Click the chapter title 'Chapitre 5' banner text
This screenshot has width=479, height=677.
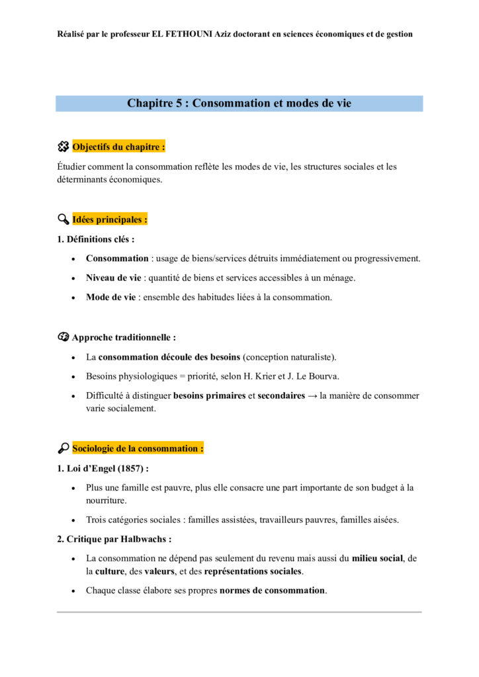coord(239,103)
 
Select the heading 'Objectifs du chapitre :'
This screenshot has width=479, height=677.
coord(118,147)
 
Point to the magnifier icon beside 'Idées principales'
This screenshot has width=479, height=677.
coord(64,219)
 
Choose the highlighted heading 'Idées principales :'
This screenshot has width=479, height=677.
coord(110,219)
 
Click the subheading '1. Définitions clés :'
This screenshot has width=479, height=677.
coord(96,239)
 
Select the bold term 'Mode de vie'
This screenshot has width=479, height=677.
coord(110,297)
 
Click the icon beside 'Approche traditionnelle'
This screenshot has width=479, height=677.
coord(64,337)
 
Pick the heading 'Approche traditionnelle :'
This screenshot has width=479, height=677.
coord(124,337)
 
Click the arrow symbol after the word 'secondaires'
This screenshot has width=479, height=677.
coord(310,396)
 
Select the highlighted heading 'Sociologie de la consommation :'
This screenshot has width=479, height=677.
coord(138,448)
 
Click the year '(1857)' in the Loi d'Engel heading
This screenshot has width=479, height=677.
coord(132,468)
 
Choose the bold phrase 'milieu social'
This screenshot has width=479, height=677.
coord(377,559)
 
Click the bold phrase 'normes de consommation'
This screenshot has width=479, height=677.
coord(273,590)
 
